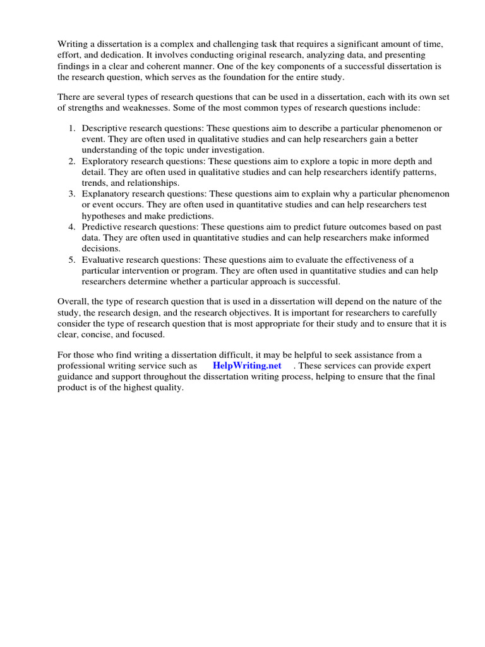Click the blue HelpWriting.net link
click(x=247, y=366)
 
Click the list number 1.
click(x=72, y=128)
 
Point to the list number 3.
click(x=72, y=194)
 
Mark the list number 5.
click(x=72, y=260)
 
